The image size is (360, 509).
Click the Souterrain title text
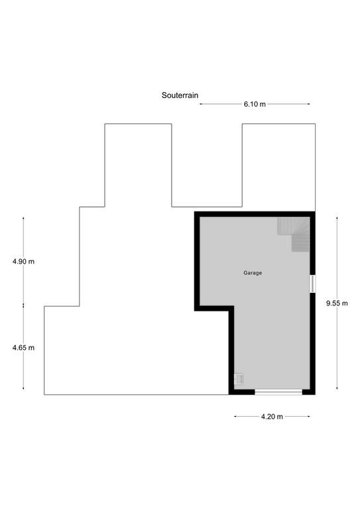[180, 95]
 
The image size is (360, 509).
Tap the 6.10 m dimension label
[255, 104]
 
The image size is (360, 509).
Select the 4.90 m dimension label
[23, 261]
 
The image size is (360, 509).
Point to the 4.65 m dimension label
[23, 348]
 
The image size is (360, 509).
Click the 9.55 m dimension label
[337, 303]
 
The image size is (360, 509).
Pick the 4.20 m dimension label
[272, 416]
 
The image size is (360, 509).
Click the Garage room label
[253, 273]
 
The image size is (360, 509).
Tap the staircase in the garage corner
[294, 235]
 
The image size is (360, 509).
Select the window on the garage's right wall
[313, 284]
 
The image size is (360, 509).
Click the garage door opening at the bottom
[278, 392]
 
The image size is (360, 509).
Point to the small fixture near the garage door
[239, 379]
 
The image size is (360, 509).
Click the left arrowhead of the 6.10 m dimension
[201, 104]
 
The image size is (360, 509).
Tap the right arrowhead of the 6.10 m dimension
[308, 104]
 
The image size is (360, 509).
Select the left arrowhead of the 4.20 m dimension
[235, 416]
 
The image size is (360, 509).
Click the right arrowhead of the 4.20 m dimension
[308, 416]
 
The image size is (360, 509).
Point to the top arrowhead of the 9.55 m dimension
[337, 219]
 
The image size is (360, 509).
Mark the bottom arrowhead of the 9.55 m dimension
[337, 388]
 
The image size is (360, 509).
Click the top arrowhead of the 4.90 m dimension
[23, 219]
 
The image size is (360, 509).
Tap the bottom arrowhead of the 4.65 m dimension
[23, 388]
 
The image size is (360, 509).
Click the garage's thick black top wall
[255, 214]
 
